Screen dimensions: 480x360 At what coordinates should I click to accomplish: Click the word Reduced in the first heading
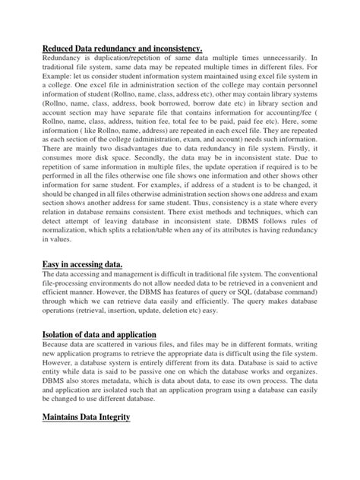62,49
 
